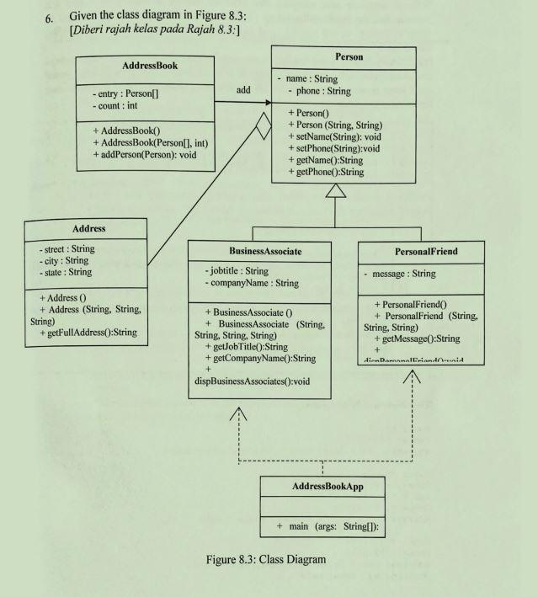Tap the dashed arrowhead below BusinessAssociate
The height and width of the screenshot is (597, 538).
(239, 414)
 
